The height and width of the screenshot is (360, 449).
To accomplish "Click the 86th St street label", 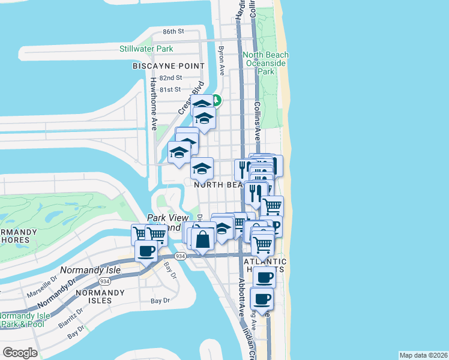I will [173, 31].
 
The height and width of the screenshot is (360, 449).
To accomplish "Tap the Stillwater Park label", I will [146, 48].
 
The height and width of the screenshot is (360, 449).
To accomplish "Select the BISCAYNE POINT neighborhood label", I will [169, 66].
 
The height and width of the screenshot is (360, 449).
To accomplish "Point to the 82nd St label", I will [170, 78].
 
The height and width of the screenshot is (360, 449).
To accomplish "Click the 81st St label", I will [170, 89].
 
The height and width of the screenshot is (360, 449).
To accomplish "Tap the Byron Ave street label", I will [221, 61].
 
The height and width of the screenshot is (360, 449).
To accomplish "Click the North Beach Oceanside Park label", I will [265, 63].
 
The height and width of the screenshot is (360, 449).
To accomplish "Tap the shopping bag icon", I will [203, 238].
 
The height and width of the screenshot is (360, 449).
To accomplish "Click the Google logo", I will [20, 352].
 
